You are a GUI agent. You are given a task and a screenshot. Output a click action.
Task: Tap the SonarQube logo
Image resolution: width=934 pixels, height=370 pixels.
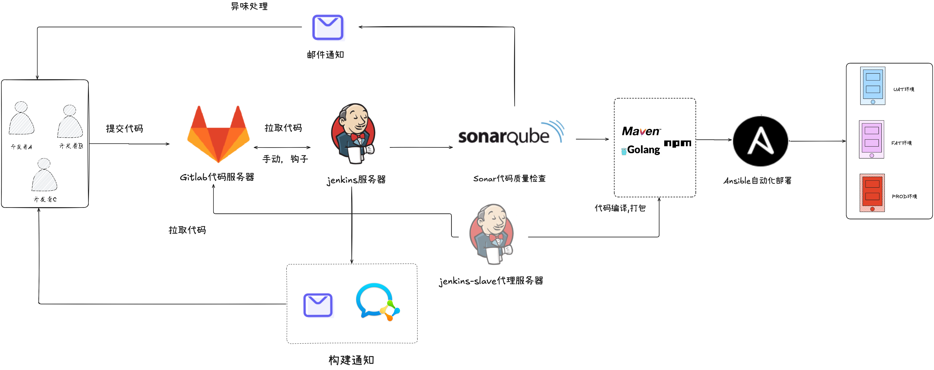[511, 134]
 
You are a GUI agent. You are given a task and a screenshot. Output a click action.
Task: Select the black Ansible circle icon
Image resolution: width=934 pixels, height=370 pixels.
[760, 141]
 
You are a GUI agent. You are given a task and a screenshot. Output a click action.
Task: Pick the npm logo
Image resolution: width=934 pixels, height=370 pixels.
[677, 143]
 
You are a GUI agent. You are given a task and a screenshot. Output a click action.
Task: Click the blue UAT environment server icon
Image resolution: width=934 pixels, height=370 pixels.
[872, 86]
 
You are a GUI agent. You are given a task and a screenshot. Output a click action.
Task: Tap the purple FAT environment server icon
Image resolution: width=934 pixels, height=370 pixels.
[871, 139]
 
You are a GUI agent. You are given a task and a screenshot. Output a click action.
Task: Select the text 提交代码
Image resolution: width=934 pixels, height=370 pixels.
[124, 129]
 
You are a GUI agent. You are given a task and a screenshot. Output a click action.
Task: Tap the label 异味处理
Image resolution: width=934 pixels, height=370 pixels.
[249, 6]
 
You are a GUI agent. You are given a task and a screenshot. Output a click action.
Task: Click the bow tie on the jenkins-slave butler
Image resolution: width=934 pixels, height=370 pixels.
[496, 237]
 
